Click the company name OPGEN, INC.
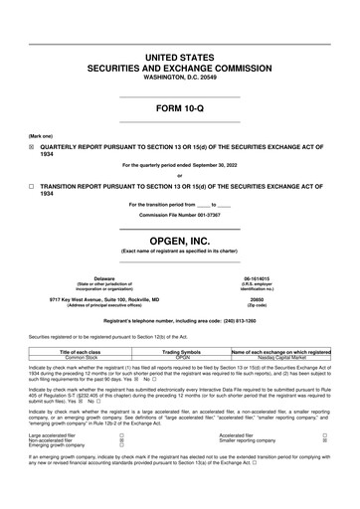[180, 242]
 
